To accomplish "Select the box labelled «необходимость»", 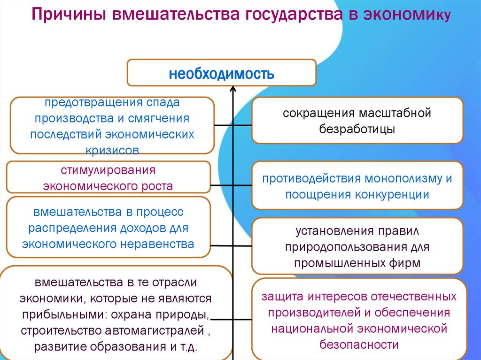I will [x=221, y=73].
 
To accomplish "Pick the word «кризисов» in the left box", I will [x=112, y=150].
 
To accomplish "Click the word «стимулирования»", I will [x=108, y=169].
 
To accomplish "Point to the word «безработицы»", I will [x=357, y=129].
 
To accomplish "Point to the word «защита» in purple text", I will [x=283, y=298].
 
